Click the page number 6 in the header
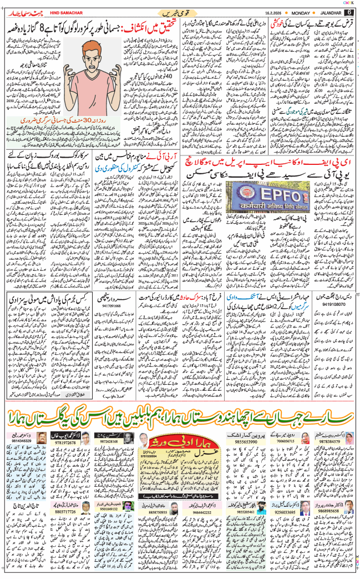pos(349,12)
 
